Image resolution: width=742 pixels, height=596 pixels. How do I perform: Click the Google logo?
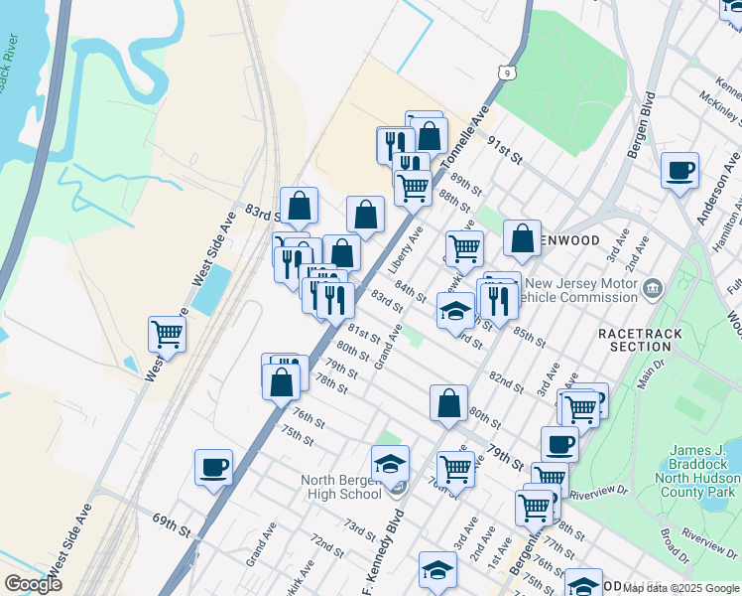pos(33,584)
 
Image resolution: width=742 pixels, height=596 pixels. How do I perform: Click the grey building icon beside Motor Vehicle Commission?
pos(653,290)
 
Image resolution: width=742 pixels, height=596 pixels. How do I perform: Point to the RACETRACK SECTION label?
pos(635,340)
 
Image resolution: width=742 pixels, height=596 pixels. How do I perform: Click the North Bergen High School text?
pos(340,487)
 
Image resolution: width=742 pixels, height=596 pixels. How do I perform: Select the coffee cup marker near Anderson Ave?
pos(680,171)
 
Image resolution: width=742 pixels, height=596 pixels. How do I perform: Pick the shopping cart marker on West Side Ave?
pos(167,334)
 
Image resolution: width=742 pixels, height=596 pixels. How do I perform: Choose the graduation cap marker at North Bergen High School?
pos(390,464)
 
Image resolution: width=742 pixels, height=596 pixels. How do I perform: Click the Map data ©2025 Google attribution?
pos(680,588)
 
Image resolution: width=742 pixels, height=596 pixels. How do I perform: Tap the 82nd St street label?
pos(505,382)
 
